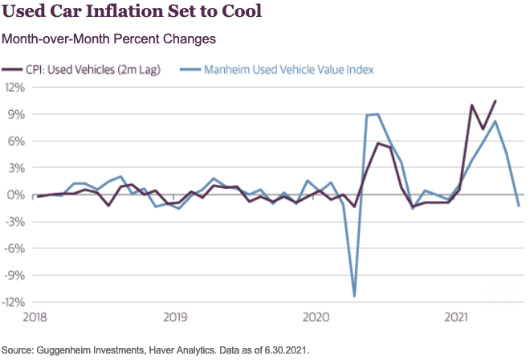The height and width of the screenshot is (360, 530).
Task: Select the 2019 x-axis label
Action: pos(176,317)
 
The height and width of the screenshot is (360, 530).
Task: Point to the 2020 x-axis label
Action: pos(316,317)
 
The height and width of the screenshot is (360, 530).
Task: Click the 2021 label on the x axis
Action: pos(457,317)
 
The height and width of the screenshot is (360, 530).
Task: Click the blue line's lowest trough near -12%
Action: pos(354,296)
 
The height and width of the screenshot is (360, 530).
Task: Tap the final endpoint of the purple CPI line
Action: pos(495,101)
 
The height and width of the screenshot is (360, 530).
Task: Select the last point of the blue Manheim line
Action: pos(518,206)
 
